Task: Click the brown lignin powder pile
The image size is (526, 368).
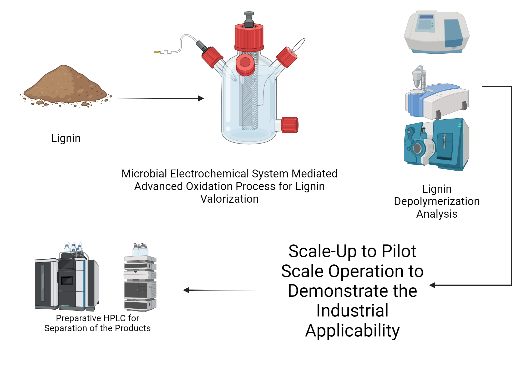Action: click(x=64, y=85)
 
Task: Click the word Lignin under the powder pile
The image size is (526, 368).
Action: click(x=66, y=138)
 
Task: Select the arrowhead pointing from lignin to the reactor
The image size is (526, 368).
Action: click(x=201, y=98)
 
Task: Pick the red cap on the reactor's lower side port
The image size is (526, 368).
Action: click(x=290, y=125)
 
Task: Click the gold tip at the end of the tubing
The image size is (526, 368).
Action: click(x=157, y=52)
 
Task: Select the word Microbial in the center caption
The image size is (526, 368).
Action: click(x=144, y=174)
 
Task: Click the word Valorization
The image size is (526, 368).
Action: click(x=229, y=199)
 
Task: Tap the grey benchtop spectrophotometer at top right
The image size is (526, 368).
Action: click(x=437, y=32)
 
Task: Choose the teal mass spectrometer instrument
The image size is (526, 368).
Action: click(x=437, y=145)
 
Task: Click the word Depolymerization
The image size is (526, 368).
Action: click(x=437, y=201)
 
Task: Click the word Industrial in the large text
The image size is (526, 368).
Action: click(x=352, y=311)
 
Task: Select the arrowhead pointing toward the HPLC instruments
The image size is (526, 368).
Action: click(x=186, y=290)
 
